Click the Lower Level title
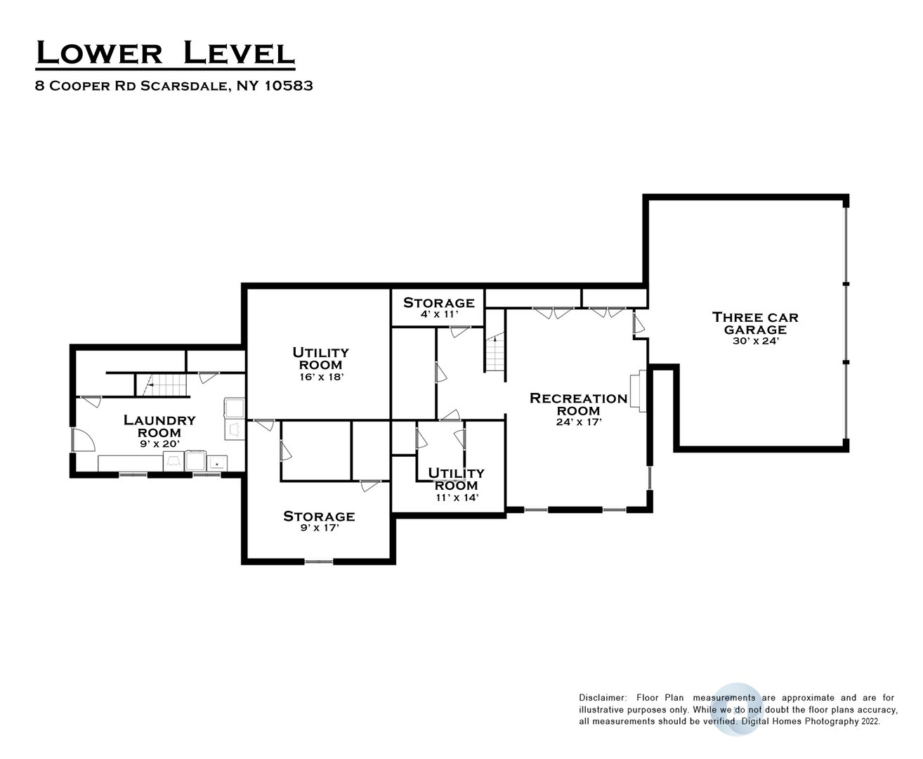click(x=164, y=53)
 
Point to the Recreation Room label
click(x=578, y=404)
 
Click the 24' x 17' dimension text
click(x=578, y=422)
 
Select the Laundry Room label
click(x=159, y=426)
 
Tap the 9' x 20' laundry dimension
click(x=159, y=444)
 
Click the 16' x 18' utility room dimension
click(x=320, y=377)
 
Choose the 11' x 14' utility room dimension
click(x=457, y=497)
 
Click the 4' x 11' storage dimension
click(x=438, y=314)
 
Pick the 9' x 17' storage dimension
click(x=319, y=528)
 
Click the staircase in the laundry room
click(x=163, y=385)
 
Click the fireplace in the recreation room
click(x=636, y=390)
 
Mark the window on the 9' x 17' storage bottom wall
click(x=318, y=561)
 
